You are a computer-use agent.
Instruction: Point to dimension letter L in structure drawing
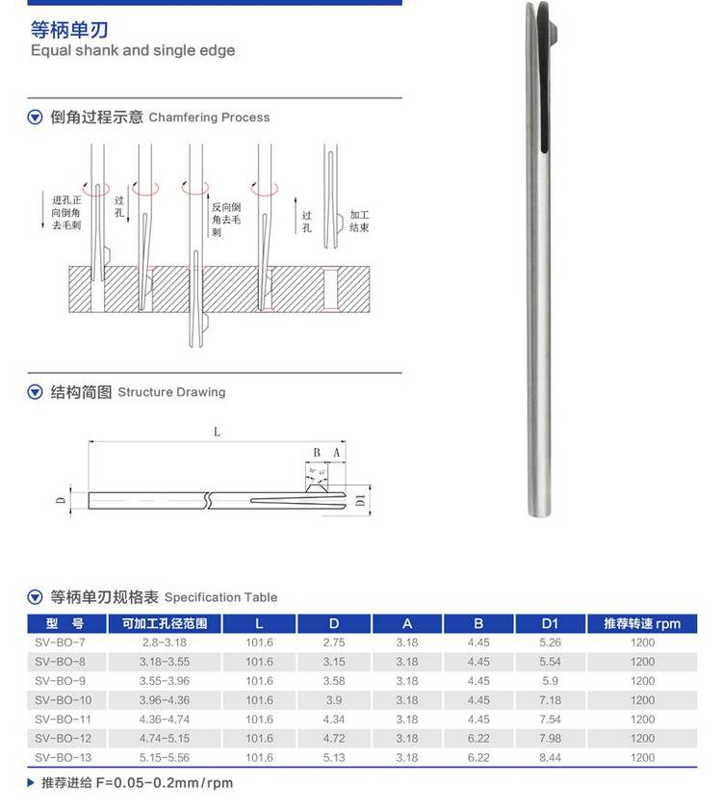tap(217, 432)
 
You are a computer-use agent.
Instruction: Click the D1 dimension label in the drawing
tap(358, 501)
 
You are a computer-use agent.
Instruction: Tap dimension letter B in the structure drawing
tap(317, 451)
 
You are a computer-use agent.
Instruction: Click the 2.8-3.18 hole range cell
tap(164, 642)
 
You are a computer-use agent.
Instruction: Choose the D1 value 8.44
tap(550, 758)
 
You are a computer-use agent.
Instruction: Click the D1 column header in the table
tap(550, 623)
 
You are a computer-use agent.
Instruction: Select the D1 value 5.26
tap(550, 642)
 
